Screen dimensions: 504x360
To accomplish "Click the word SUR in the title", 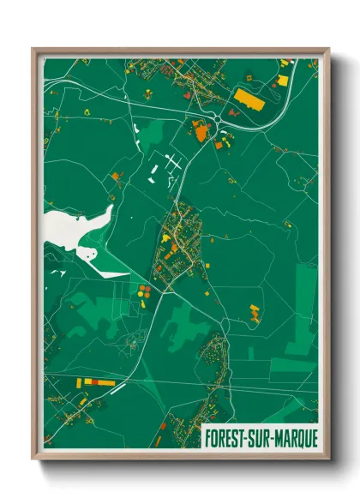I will pyautogui.click(x=255, y=437).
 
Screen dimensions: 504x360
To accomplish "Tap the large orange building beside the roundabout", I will pyautogui.click(x=200, y=131).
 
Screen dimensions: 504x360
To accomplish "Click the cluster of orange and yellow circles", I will pyautogui.click(x=142, y=292).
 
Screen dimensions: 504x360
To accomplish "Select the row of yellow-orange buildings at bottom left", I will pyautogui.click(x=94, y=381).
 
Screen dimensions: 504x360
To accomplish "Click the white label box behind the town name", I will pyautogui.click(x=259, y=437).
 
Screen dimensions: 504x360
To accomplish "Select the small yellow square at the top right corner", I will pyautogui.click(x=283, y=81).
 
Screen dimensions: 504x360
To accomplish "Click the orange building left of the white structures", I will pyautogui.click(x=117, y=177).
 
